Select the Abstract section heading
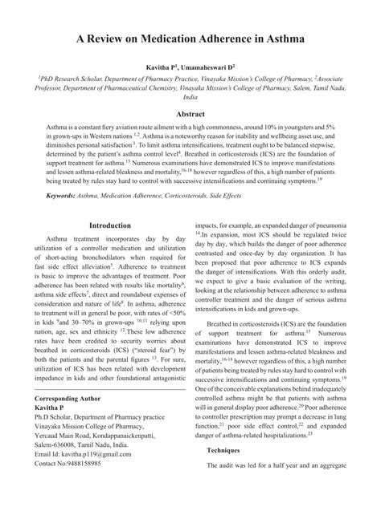click(x=190, y=115)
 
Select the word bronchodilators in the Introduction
click(x=89, y=266)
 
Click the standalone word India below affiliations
click(x=190, y=95)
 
